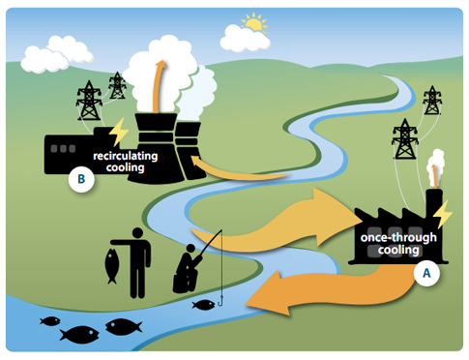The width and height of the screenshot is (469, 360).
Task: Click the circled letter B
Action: (80, 178)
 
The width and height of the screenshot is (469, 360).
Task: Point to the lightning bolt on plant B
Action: (118, 132)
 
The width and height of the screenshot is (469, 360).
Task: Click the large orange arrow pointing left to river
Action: (319, 290)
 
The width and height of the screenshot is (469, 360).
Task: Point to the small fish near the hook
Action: (203, 306)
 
